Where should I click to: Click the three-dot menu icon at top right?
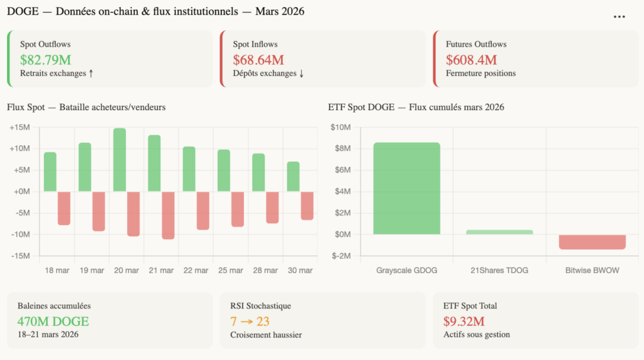click(x=619, y=17)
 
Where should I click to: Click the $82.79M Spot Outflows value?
click(x=45, y=60)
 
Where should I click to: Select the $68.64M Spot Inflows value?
click(x=258, y=60)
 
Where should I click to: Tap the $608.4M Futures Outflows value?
click(x=471, y=60)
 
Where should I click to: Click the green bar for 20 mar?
click(x=119, y=160)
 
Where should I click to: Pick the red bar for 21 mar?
click(x=168, y=215)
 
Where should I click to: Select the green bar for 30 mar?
click(x=293, y=177)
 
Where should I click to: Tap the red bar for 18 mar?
click(x=64, y=208)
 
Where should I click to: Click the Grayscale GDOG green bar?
click(x=407, y=188)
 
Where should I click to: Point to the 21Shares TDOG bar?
click(x=499, y=232)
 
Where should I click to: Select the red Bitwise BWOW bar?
click(x=592, y=242)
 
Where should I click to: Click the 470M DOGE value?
click(x=53, y=322)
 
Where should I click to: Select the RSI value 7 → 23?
click(x=250, y=322)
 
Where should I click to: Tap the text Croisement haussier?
click(x=265, y=335)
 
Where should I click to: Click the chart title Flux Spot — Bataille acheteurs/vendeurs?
click(x=86, y=107)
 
